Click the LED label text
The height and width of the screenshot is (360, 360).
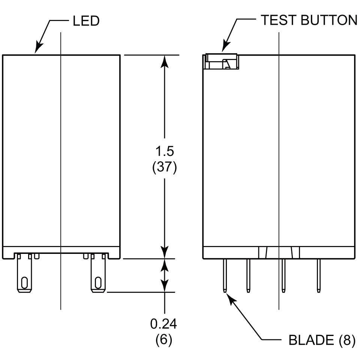click(x=86, y=21)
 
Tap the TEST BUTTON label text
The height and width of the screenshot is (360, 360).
click(x=309, y=20)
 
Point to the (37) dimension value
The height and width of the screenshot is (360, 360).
click(x=164, y=167)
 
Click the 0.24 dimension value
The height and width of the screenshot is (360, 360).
click(x=164, y=324)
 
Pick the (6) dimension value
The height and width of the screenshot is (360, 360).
click(x=164, y=340)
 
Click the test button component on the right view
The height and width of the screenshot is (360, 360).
click(x=222, y=62)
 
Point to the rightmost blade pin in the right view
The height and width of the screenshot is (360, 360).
click(x=319, y=275)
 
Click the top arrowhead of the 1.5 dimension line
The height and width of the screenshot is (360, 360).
click(x=164, y=60)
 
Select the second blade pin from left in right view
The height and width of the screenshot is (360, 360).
click(x=248, y=275)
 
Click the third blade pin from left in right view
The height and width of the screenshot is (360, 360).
click(x=283, y=275)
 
